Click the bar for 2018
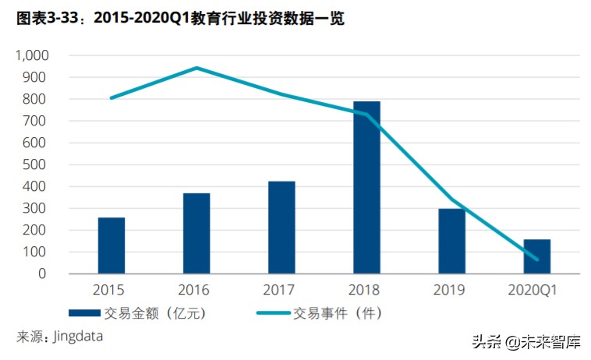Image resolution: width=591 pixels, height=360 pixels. click(x=366, y=187)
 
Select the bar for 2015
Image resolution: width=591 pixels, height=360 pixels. click(x=111, y=245)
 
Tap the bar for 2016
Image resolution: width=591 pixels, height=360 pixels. click(x=196, y=233)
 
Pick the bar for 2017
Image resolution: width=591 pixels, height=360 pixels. click(x=281, y=227)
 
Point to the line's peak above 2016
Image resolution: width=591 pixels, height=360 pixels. click(x=196, y=68)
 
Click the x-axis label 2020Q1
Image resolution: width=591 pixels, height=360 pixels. click(x=536, y=290)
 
